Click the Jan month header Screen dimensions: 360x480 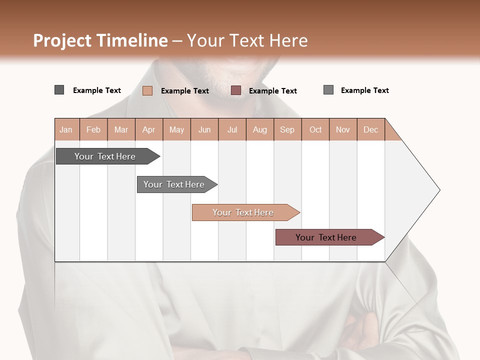click(x=66, y=129)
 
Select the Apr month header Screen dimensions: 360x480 click(x=149, y=129)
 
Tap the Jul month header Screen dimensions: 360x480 click(x=232, y=129)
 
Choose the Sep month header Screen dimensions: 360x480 click(x=287, y=129)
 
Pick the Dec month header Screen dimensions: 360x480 click(x=370, y=129)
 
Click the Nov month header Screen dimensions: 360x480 click(x=342, y=129)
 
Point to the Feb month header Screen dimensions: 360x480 click(x=93, y=129)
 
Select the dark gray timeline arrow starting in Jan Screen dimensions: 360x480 click(x=105, y=156)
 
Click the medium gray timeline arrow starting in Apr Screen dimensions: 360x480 click(x=174, y=184)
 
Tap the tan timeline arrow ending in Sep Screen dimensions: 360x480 click(x=243, y=212)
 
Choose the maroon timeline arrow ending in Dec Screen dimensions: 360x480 click(x=326, y=237)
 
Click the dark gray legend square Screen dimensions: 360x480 click(x=59, y=90)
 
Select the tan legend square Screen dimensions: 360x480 click(x=147, y=90)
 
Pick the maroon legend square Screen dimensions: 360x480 click(x=236, y=90)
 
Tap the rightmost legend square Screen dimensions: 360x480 click(x=328, y=90)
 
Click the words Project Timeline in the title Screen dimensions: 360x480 click(x=100, y=40)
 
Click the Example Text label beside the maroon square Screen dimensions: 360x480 click(x=272, y=90)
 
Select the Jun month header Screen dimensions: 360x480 click(x=204, y=129)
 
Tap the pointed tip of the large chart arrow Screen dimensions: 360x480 click(x=438, y=190)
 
